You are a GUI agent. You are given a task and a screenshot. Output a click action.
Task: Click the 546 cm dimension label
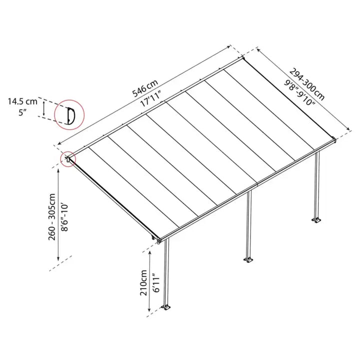pyautogui.click(x=145, y=88)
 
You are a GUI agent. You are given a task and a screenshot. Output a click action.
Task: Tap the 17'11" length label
pyautogui.click(x=150, y=98)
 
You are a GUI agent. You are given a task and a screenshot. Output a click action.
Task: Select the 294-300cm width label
pyautogui.click(x=306, y=84)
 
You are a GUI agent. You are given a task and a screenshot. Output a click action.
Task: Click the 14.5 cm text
pyautogui.click(x=22, y=101)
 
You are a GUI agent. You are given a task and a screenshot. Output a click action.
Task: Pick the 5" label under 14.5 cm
pyautogui.click(x=22, y=112)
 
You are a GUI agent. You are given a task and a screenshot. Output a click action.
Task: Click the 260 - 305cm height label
pyautogui.click(x=52, y=217)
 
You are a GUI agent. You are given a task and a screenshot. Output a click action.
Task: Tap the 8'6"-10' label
pyautogui.click(x=64, y=217)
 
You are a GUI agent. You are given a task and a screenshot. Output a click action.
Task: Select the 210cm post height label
pyautogui.click(x=143, y=282)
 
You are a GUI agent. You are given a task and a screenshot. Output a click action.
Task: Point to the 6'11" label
pyautogui.click(x=156, y=283)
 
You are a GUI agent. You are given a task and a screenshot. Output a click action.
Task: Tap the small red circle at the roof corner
pyautogui.click(x=68, y=159)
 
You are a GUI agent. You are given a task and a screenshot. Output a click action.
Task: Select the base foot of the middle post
pyautogui.click(x=248, y=260)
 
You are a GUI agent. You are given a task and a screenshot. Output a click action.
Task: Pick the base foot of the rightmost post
pyautogui.click(x=316, y=220)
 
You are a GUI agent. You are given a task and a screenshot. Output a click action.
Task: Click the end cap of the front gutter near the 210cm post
pyautogui.click(x=159, y=241)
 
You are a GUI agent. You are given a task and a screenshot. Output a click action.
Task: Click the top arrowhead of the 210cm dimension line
pyautogui.click(x=150, y=252)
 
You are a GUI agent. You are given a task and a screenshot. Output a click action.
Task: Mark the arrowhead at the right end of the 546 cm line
pyautogui.click(x=228, y=47)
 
